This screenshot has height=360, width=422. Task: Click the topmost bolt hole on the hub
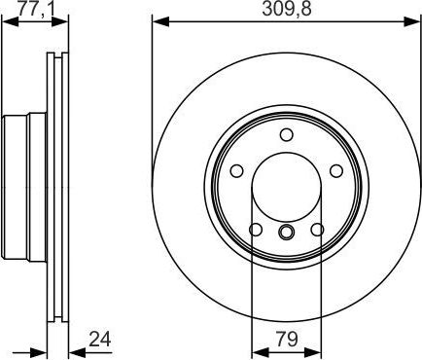click(286, 135)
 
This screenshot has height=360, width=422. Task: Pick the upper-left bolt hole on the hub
click(235, 171)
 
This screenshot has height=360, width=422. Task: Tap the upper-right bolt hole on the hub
click(336, 171)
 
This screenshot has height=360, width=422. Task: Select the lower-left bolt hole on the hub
click(255, 231)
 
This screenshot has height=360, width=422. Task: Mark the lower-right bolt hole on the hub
click(317, 231)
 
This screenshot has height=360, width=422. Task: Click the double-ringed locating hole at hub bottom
click(286, 232)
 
